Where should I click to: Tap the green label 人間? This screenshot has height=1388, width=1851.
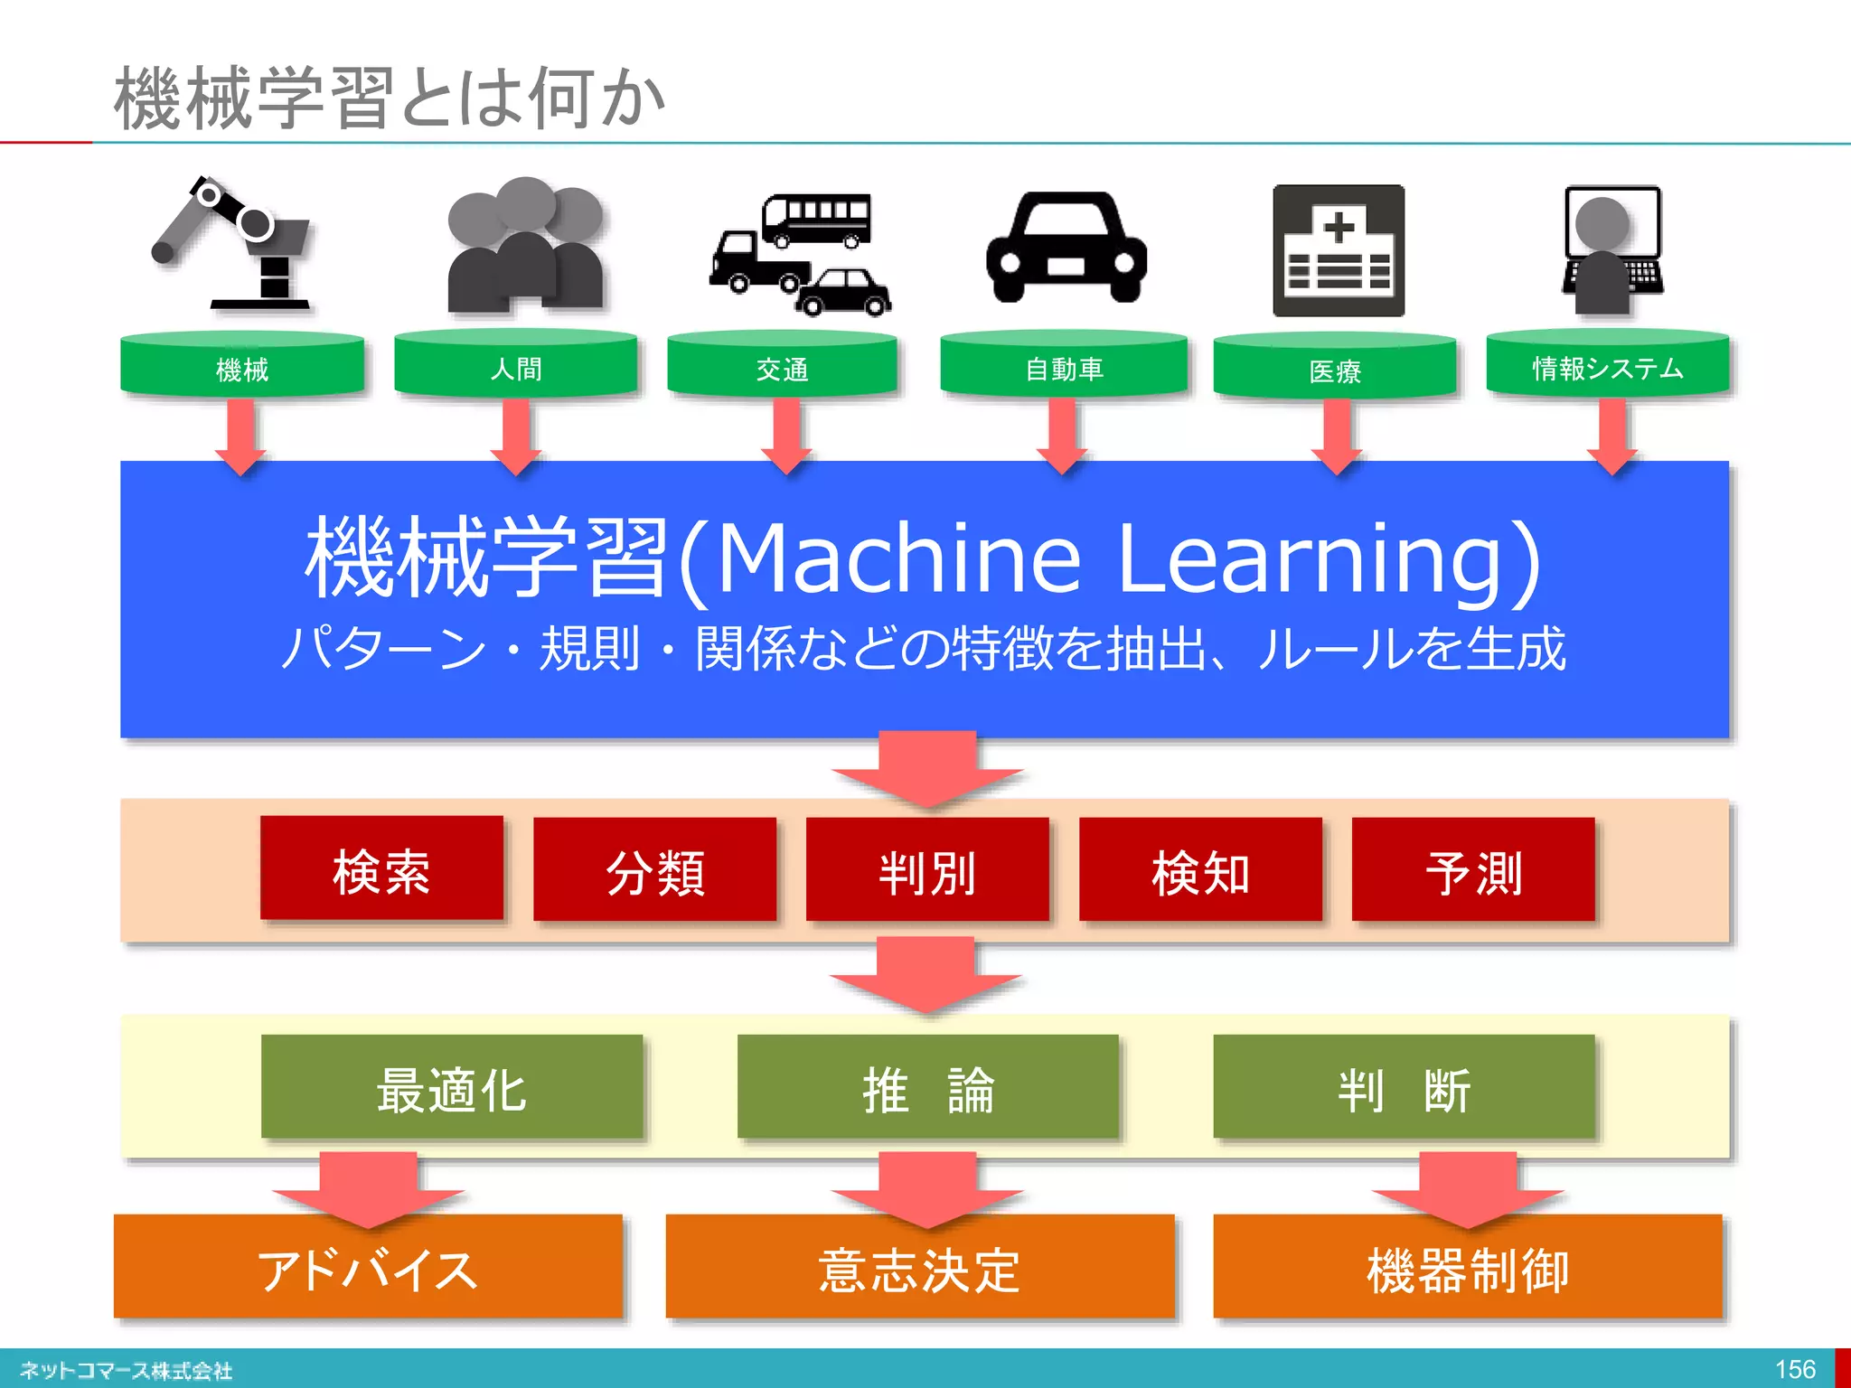516,367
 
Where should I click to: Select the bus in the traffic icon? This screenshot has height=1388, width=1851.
816,219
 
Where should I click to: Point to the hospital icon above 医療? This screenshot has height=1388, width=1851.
1339,251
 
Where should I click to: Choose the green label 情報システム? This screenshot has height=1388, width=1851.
1608,367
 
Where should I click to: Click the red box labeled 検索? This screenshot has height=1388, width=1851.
381,869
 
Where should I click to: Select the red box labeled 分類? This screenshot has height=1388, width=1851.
655,870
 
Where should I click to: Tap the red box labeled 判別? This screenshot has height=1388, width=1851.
927,870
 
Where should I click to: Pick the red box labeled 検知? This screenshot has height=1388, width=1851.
1200,870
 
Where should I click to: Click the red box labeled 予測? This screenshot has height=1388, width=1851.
1473,870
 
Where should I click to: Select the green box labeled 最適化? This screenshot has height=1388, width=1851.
452,1087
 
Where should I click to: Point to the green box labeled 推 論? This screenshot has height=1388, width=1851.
927,1087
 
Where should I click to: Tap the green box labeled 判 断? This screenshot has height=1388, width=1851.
1404,1087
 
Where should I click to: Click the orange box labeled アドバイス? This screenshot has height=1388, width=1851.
368,1268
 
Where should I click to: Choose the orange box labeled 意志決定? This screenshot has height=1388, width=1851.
920,1268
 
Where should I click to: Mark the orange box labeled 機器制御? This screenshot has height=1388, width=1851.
1468,1268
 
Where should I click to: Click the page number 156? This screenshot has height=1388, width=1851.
1795,1369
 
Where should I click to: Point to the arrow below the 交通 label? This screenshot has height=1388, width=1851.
785,436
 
